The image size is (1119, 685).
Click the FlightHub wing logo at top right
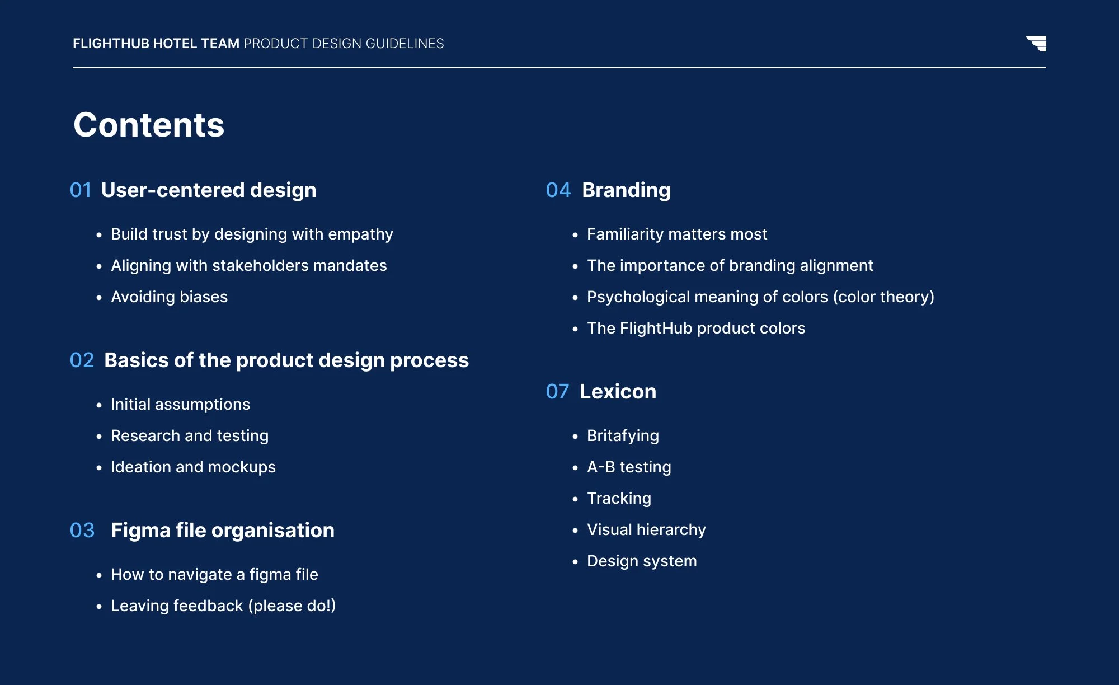coord(1037,43)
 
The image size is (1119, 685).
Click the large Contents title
coord(149,124)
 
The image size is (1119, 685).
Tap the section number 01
coord(81,190)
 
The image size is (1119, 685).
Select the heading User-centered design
coord(209,190)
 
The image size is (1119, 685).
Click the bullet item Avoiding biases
coord(169,297)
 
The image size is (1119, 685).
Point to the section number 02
coord(82,360)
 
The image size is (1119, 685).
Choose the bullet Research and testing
coord(189,435)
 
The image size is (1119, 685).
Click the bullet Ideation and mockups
coord(193,467)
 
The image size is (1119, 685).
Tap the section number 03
coord(82,531)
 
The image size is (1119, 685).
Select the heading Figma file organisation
coord(223,531)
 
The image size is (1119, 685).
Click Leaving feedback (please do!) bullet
coord(223,606)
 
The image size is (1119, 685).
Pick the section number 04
coord(558,190)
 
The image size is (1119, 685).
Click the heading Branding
coord(626,190)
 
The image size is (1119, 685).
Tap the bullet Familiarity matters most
coord(677,234)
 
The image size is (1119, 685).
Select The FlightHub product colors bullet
coord(696,328)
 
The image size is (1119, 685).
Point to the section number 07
coord(557,392)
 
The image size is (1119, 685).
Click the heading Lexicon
coord(618,392)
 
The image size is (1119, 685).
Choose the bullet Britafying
coord(623,435)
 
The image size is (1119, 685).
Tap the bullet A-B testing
coord(629,467)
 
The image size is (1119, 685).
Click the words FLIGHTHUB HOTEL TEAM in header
coord(156,44)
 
